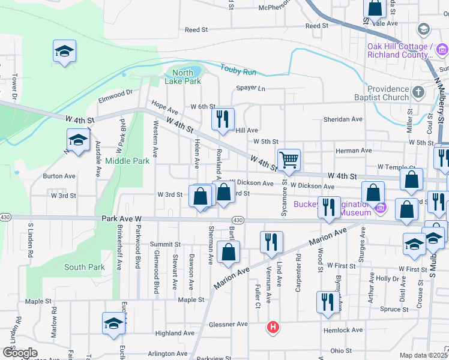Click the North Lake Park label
pos(183,76)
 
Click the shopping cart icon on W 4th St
pos(289,160)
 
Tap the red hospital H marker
pos(273,327)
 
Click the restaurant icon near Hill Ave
pos(222,118)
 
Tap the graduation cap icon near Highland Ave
pos(113,323)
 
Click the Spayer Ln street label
pos(250,88)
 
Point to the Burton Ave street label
pos(59,176)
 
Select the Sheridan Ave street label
pos(343,119)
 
